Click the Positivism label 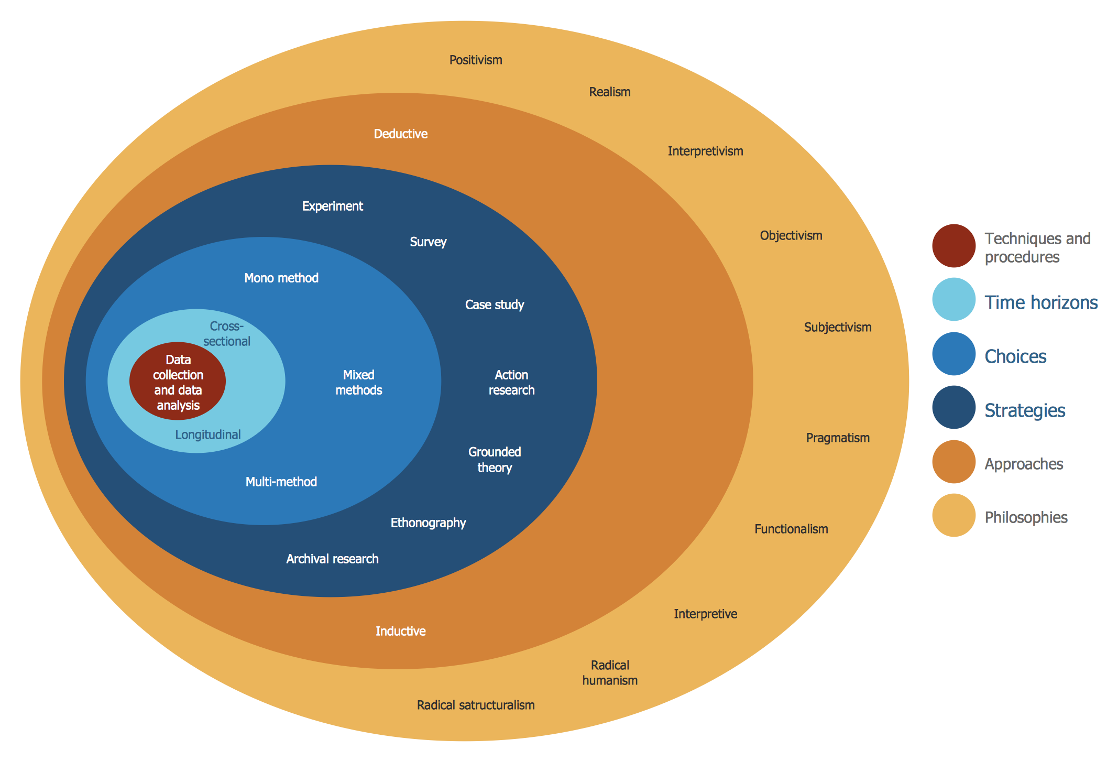coord(476,60)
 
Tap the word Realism coord(609,92)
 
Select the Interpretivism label coord(705,151)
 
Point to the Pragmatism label coord(837,438)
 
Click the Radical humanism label coord(610,673)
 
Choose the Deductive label coord(400,134)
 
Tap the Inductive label coord(400,632)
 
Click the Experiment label coord(332,206)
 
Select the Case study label coord(494,305)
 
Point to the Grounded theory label coord(494,460)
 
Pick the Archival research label coord(332,559)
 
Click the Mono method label coord(281,278)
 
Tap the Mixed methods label coord(358,383)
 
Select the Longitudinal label coord(207,435)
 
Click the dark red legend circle coord(953,246)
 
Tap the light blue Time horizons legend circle coord(953,299)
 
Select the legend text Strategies coord(1025,410)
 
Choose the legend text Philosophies coord(1026,518)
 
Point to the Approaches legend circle coord(953,462)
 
